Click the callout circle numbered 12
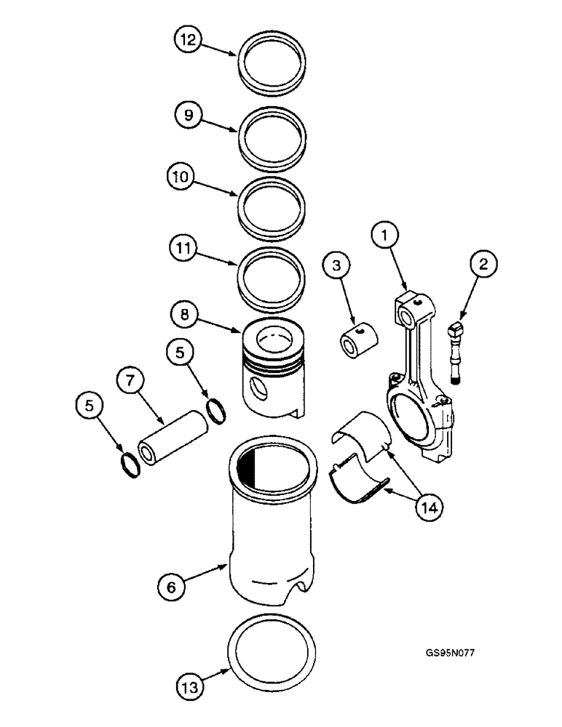coord(188,41)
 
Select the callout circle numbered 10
coord(182,176)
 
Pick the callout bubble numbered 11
coord(181,247)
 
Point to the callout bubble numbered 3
coord(336,266)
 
